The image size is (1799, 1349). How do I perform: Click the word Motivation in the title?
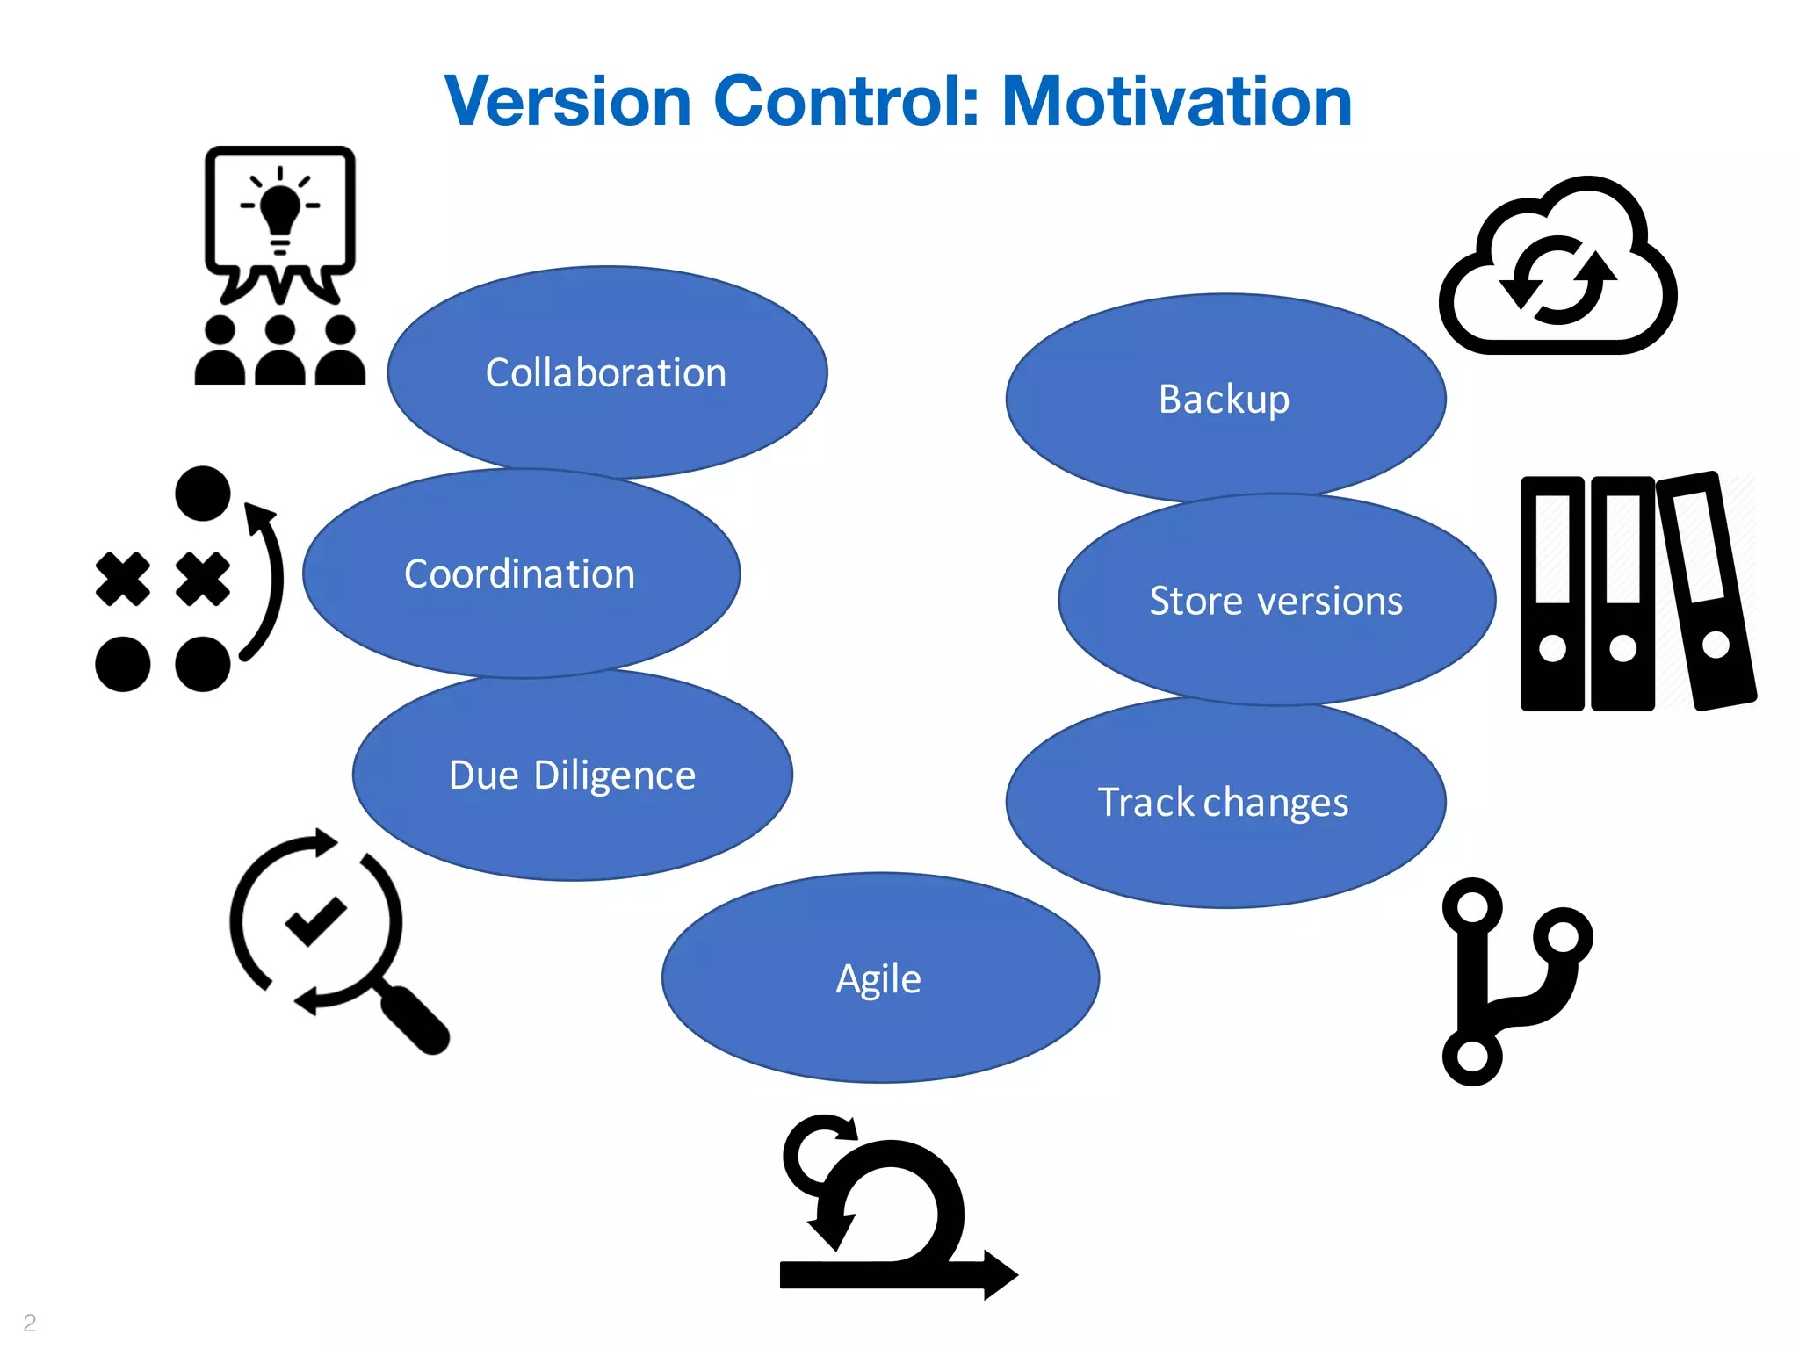1176,101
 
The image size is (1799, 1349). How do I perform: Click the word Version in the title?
567,101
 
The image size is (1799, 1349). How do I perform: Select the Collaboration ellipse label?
606,373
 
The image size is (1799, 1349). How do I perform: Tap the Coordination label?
519,574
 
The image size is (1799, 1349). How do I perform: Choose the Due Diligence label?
572,775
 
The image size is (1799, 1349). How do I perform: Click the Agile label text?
878,978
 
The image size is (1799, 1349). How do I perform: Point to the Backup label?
1224,400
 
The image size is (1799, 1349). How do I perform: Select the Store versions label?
1275,601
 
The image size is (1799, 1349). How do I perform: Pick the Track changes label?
1223,803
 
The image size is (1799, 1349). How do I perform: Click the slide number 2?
30,1322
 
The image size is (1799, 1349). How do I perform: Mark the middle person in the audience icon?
279,350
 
